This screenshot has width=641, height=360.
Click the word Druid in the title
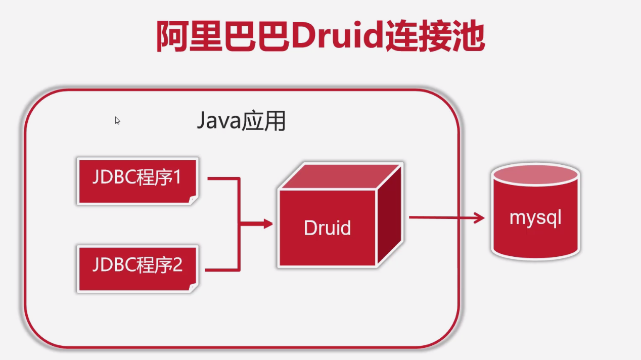pyautogui.click(x=337, y=36)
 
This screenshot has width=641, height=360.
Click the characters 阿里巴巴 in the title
pyautogui.click(x=222, y=36)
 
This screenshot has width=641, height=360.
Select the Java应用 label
pyautogui.click(x=241, y=121)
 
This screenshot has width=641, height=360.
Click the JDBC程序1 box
pyautogui.click(x=137, y=181)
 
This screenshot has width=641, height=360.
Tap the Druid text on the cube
pyautogui.click(x=327, y=228)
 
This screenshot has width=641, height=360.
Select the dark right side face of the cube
pyautogui.click(x=390, y=217)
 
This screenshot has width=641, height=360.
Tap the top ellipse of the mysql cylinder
pyautogui.click(x=535, y=174)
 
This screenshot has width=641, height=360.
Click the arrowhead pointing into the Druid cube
pyautogui.click(x=268, y=223)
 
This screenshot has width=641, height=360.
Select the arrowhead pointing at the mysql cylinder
pyautogui.click(x=479, y=218)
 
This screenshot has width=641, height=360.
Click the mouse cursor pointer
pyautogui.click(x=117, y=120)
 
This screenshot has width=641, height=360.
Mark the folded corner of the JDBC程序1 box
pyautogui.click(x=193, y=201)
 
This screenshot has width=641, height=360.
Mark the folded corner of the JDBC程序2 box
pyautogui.click(x=193, y=288)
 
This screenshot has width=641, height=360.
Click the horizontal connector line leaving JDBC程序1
pyautogui.click(x=222, y=178)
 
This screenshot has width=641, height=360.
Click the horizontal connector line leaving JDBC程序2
pyautogui.click(x=222, y=269)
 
